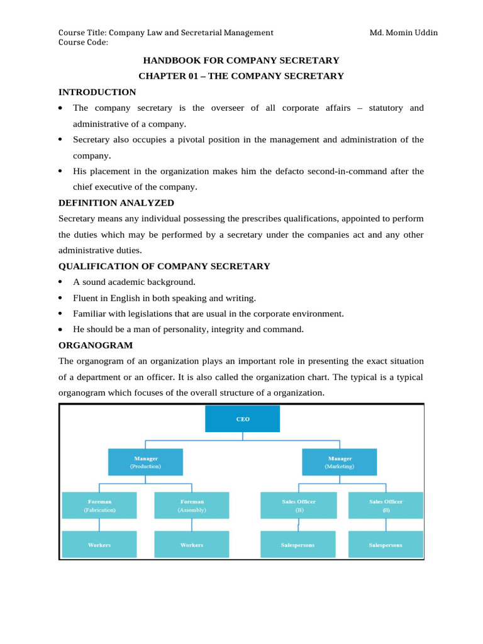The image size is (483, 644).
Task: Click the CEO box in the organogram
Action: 242,419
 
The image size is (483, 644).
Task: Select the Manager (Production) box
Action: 145,462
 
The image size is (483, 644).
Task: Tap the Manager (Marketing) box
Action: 339,462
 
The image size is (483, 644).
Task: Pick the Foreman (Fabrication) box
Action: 99,506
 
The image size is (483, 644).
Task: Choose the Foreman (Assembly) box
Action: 192,506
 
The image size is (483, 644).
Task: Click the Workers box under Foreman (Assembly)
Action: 192,545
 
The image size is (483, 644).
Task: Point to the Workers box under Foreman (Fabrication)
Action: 99,545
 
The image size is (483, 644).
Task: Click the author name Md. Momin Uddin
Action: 402,33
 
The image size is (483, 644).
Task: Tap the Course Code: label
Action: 83,42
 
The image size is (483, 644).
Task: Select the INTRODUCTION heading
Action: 97,92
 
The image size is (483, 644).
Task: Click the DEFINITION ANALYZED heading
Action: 116,203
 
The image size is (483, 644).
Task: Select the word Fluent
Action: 86,298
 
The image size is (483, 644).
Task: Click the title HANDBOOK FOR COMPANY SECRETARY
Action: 241,60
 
